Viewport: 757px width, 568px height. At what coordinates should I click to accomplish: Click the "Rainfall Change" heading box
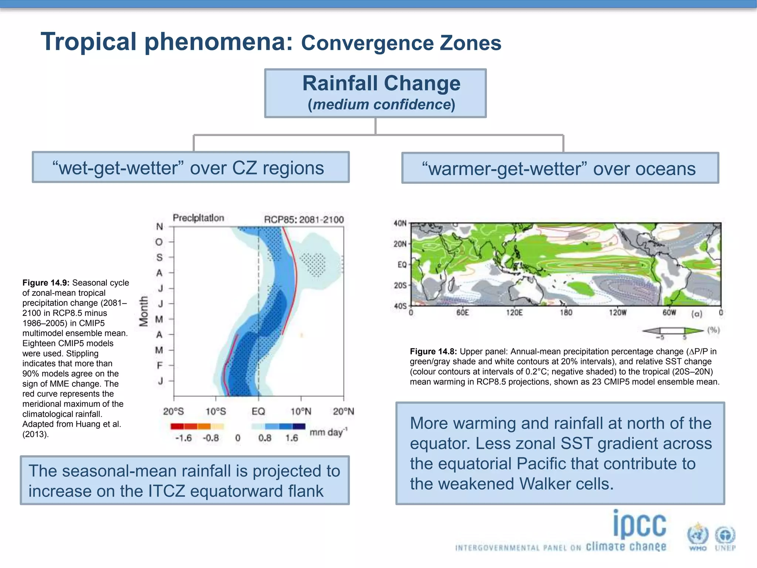pyautogui.click(x=375, y=93)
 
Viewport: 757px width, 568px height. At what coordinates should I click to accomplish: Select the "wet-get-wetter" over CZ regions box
pyautogui.click(x=190, y=168)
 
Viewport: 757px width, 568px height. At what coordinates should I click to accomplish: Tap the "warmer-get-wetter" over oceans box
pyautogui.click(x=560, y=168)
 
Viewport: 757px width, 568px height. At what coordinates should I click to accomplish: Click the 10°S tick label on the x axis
pyautogui.click(x=215, y=411)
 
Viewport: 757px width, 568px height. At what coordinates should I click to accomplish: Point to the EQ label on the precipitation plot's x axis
pyautogui.click(x=258, y=411)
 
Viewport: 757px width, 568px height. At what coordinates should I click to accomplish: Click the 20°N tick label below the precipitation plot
pyautogui.click(x=343, y=411)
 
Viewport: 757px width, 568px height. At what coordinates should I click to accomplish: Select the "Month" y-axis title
pyautogui.click(x=143, y=311)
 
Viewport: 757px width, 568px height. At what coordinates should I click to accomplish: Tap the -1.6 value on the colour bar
pyautogui.click(x=183, y=438)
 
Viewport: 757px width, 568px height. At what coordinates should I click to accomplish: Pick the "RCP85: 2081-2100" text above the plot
pyautogui.click(x=304, y=220)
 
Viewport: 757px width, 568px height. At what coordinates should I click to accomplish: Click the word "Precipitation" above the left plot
pyautogui.click(x=198, y=218)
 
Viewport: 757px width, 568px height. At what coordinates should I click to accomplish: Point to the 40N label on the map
pyautogui.click(x=400, y=223)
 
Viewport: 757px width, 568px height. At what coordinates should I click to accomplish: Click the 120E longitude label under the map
pyautogui.click(x=514, y=313)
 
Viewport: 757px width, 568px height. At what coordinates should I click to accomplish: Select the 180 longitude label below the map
pyautogui.click(x=566, y=313)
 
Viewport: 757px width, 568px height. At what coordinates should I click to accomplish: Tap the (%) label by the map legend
pyautogui.click(x=713, y=330)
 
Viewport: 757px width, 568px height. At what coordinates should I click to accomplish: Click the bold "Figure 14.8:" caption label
pyautogui.click(x=433, y=351)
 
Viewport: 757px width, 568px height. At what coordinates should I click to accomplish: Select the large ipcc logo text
pyautogui.click(x=639, y=524)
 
